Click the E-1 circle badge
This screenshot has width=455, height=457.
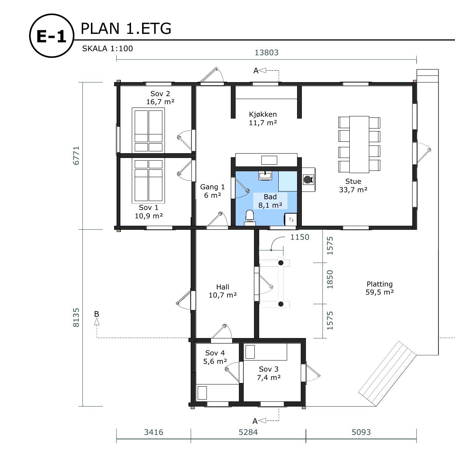pos(52,36)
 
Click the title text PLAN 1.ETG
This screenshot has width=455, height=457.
pos(126,29)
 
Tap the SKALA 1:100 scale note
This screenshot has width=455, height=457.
pos(107,49)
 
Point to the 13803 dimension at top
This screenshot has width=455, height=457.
pos(267,52)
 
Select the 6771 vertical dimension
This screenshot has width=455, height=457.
pos(76,155)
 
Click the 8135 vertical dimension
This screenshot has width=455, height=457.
pos(76,317)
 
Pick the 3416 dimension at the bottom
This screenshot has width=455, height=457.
pos(154,432)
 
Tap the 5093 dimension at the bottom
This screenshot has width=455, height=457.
pos(361,432)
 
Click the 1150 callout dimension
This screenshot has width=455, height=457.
pos(300,237)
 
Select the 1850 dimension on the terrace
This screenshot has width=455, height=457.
pos(330,280)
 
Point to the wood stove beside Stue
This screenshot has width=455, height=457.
pos(308,180)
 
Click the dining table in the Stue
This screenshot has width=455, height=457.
pos(359,144)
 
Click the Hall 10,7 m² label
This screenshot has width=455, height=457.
pos(223,291)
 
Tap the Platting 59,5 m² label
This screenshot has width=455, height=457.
pos(380,288)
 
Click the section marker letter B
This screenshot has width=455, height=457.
pos(96,314)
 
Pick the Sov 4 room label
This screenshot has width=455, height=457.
pos(215,353)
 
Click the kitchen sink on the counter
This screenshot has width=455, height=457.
pos(269,160)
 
